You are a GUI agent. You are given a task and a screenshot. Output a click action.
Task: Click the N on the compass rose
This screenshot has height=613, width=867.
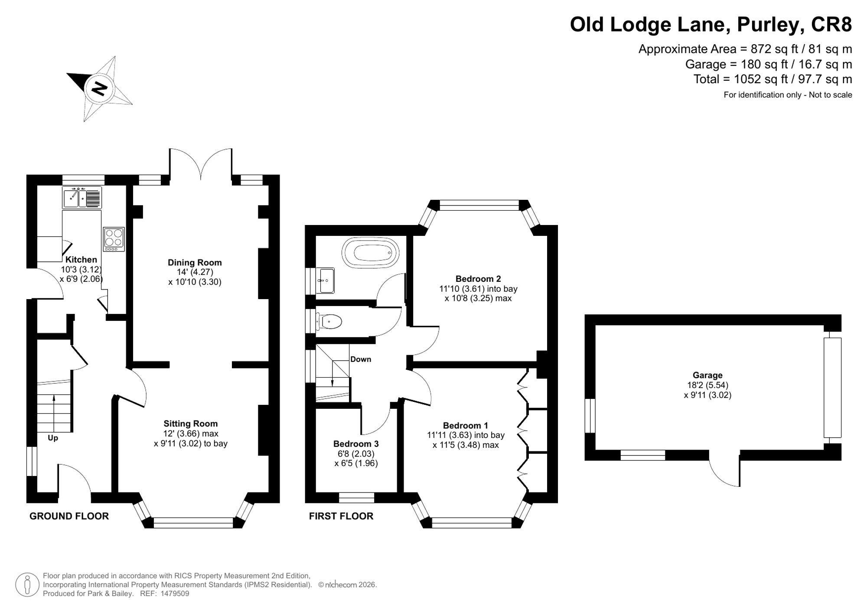[100, 88]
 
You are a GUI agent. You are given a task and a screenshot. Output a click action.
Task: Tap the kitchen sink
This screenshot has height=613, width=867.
[82, 198]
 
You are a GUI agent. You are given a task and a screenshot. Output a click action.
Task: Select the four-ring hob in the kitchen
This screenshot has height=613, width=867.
[114, 239]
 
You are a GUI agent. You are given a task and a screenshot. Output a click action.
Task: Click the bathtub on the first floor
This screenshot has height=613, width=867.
[370, 251]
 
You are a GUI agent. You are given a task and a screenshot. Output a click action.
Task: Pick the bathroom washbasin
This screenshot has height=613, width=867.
[325, 280]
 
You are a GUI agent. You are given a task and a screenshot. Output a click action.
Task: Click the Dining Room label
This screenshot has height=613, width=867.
[195, 262]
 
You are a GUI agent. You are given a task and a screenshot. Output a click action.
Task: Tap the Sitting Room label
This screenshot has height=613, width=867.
[191, 424]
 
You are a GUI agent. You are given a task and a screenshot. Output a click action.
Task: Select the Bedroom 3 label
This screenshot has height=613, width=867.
[356, 443]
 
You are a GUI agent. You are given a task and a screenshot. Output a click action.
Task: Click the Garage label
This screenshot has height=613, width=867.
[707, 375]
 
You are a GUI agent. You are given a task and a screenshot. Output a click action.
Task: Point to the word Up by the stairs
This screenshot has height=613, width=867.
[53, 438]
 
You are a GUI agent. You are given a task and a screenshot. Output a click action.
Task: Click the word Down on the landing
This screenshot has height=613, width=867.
[361, 359]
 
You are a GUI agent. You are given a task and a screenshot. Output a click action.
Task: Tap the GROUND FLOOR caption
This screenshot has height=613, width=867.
[69, 516]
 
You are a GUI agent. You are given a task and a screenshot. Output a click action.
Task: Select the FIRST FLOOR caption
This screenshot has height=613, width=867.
[341, 516]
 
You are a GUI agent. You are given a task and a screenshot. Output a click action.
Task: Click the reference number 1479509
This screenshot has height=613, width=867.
[175, 593]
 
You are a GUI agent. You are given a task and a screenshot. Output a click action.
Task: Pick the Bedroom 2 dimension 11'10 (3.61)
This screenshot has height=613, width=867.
[462, 289]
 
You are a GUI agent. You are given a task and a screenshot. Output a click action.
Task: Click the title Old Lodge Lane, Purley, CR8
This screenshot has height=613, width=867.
[711, 24]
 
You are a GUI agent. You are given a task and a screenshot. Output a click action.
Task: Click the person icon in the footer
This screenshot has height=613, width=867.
[27, 585]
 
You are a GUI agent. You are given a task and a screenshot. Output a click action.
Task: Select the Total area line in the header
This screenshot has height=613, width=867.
[773, 79]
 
